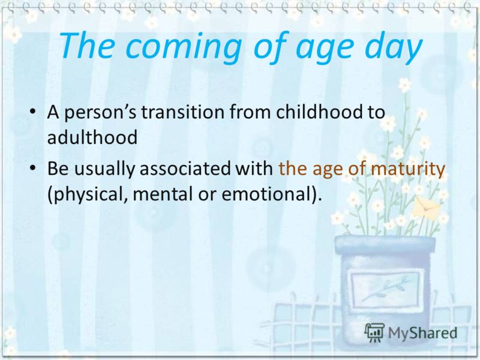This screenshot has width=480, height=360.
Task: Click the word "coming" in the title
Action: pyautogui.click(x=184, y=47)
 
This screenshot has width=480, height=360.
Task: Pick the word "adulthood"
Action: pyautogui.click(x=92, y=137)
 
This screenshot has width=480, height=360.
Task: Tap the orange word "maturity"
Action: pyautogui.click(x=408, y=169)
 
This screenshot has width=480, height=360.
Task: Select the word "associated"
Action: pyautogui.click(x=185, y=168)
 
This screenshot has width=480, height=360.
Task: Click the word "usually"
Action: pyautogui.click(x=104, y=169)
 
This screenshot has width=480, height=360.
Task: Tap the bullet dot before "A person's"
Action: pyautogui.click(x=32, y=112)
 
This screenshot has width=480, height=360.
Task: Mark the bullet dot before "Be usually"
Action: pyautogui.click(x=32, y=168)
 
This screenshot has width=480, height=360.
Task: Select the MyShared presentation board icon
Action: pyautogui.click(x=374, y=332)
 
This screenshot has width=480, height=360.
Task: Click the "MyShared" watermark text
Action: pyautogui.click(x=423, y=333)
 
